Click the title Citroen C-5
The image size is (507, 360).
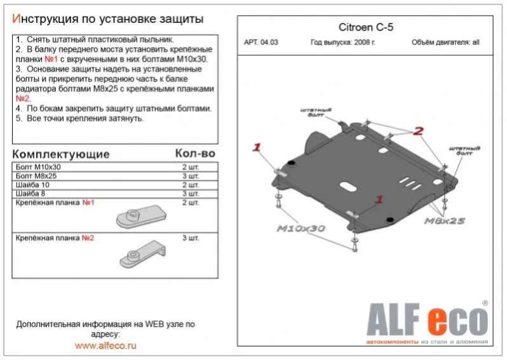pyautogui.click(x=366, y=27)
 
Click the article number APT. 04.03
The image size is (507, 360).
pyautogui.click(x=261, y=43)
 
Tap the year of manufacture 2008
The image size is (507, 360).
pyautogui.click(x=362, y=43)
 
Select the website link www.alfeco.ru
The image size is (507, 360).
pyautogui.click(x=105, y=345)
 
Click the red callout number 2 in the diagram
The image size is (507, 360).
pyautogui.click(x=418, y=131)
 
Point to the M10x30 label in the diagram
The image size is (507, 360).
pyautogui.click(x=301, y=229)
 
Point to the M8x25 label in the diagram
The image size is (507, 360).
pyautogui.click(x=445, y=221)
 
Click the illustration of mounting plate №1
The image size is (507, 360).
pyautogui.click(x=141, y=216)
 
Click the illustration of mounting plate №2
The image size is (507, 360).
pyautogui.click(x=142, y=254)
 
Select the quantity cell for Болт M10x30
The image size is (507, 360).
pyautogui.click(x=191, y=167)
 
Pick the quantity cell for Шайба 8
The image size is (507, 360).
pyautogui.click(x=191, y=194)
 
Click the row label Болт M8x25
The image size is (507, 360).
pyautogui.click(x=36, y=176)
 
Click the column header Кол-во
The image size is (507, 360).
pyautogui.click(x=195, y=154)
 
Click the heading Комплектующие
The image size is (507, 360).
pyautogui.click(x=61, y=154)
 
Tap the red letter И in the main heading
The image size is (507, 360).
pyautogui.click(x=16, y=19)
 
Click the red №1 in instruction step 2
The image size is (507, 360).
pyautogui.click(x=51, y=60)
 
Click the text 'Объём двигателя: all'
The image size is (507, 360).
pyautogui.click(x=445, y=43)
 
